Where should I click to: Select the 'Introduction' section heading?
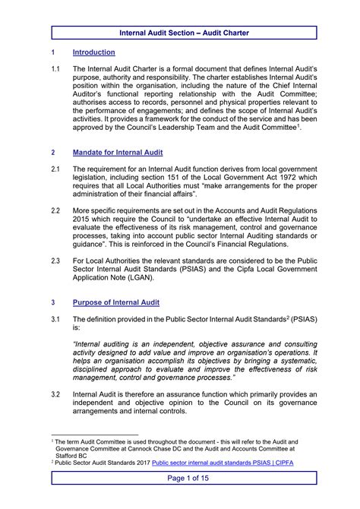[x=93, y=52]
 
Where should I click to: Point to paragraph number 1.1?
[x=55, y=68]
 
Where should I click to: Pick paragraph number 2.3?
[x=55, y=259]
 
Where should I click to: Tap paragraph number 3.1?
[x=55, y=318]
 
